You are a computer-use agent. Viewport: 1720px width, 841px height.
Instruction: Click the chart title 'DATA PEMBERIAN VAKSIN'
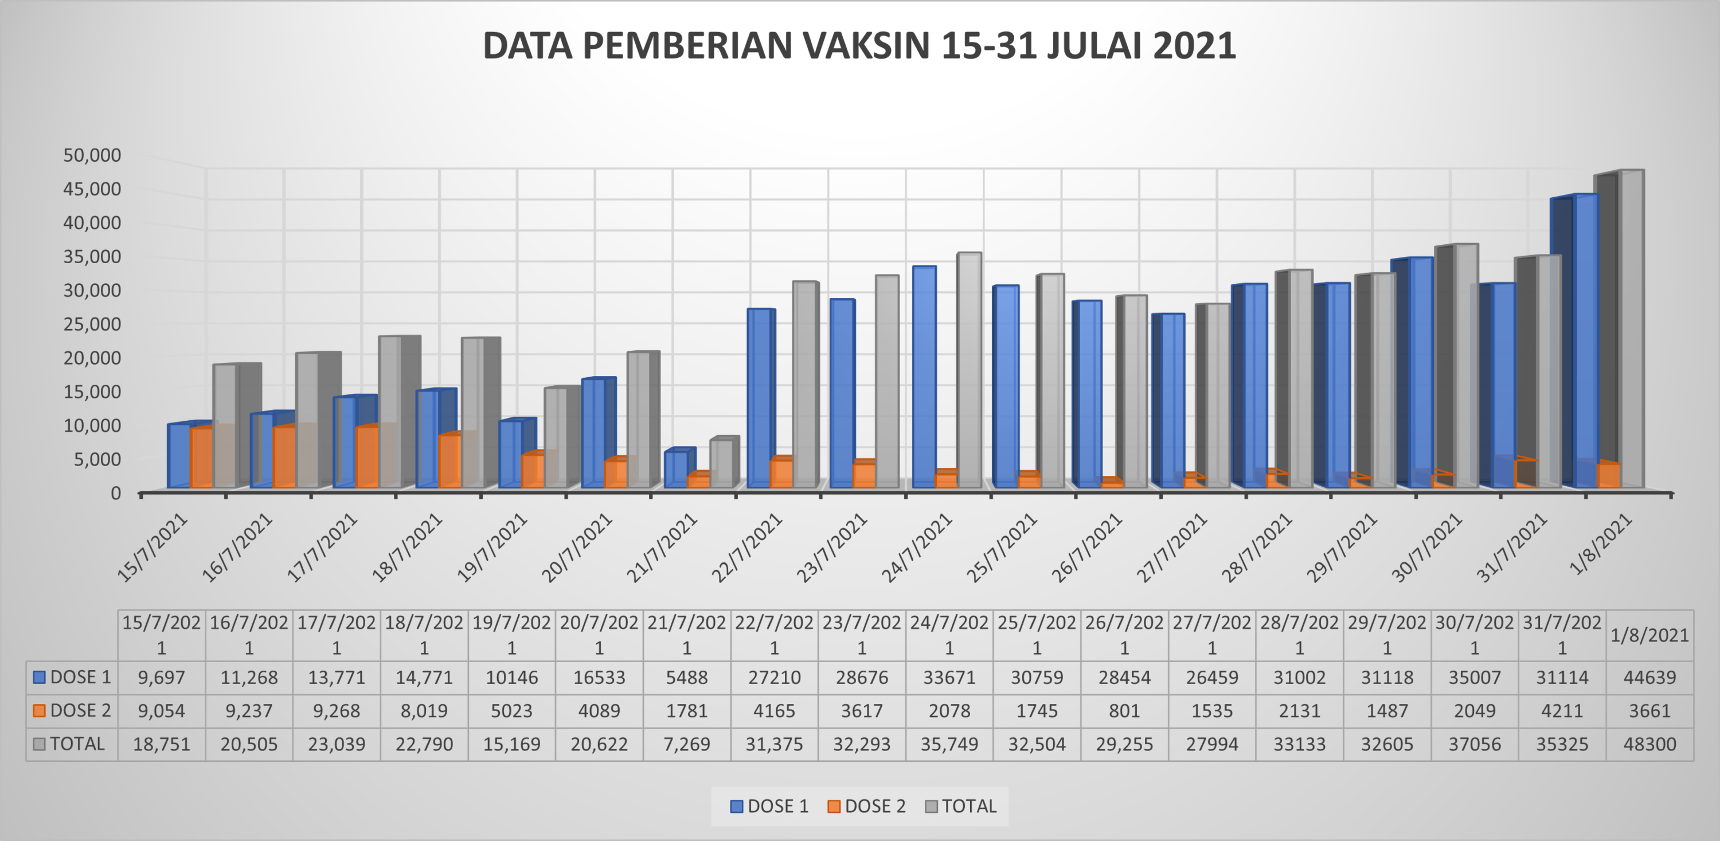coord(859,46)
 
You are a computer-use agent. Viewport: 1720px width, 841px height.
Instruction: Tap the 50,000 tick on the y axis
coord(92,155)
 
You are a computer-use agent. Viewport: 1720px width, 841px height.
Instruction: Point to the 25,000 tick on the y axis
coord(92,324)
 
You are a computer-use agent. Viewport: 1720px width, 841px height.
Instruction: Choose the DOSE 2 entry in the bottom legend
coord(867,806)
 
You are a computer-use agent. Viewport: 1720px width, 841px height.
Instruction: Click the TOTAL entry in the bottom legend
coord(961,806)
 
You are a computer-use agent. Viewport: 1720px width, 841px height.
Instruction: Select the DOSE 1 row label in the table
coord(72,678)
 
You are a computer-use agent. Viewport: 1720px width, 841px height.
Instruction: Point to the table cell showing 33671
coord(949,678)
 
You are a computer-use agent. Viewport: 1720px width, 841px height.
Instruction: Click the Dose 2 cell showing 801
coord(1124,711)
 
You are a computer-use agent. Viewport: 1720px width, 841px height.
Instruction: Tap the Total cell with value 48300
coord(1649,744)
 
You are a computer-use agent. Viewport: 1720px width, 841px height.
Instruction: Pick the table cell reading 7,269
coord(686,744)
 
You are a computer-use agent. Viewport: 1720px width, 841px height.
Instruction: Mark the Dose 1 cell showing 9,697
coord(161,678)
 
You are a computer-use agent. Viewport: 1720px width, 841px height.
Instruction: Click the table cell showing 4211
coord(1562,711)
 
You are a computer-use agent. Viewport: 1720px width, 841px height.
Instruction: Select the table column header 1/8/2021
coord(1649,635)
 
